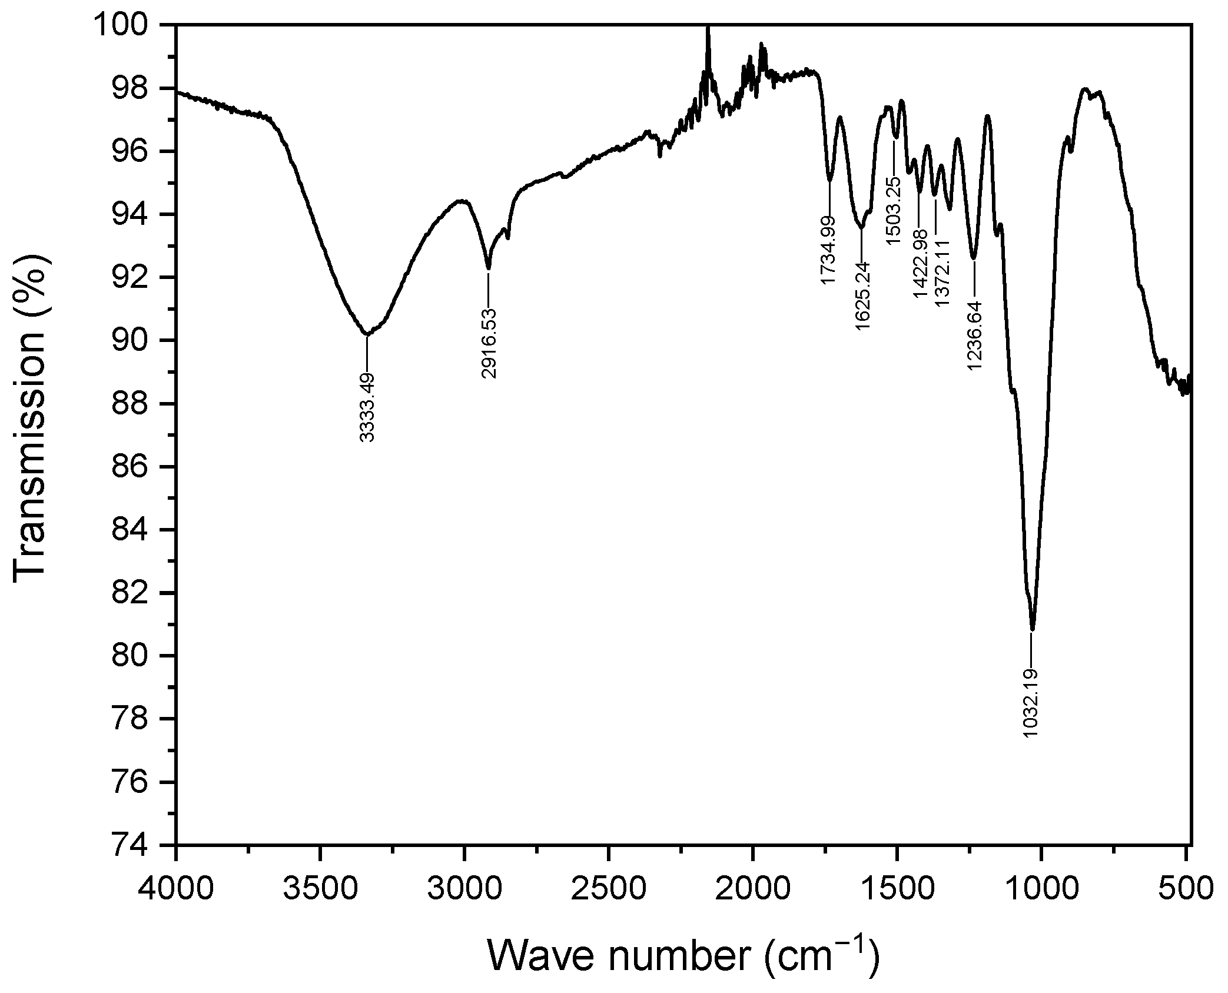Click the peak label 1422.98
point(920,265)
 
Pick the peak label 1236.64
point(974,336)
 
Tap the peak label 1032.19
point(1031,703)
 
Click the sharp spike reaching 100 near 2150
point(708,28)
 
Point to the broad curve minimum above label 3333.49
point(367,334)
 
